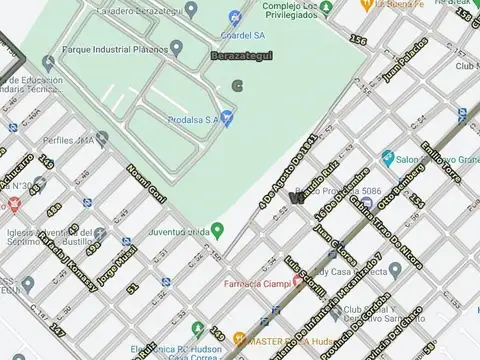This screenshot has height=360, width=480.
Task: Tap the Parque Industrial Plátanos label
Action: pyautogui.click(x=113, y=47)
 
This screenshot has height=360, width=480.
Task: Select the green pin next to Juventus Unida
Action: pyautogui.click(x=217, y=230)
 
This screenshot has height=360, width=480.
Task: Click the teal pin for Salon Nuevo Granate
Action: pyautogui.click(x=387, y=157)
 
